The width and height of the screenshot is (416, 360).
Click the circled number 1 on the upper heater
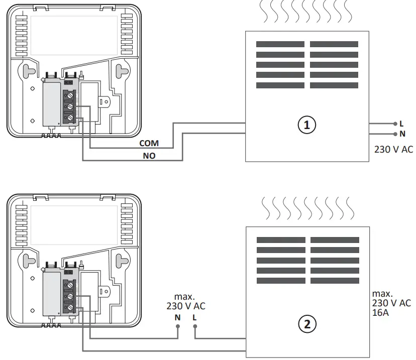[x=307, y=125]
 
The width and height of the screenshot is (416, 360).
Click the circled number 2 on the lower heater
[x=307, y=324]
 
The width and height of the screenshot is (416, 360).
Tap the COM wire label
[x=149, y=144]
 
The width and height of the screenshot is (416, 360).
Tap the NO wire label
[x=149, y=156]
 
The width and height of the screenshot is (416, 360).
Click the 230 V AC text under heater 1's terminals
[x=393, y=149]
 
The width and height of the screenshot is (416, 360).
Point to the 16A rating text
[x=381, y=313]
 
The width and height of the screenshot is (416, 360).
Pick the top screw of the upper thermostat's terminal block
[x=70, y=94]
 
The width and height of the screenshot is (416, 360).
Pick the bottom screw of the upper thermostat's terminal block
[x=70, y=117]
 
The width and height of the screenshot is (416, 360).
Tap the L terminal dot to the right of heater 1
[x=394, y=124]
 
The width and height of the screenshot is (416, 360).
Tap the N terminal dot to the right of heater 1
[x=394, y=134]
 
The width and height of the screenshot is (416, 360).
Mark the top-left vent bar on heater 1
[x=280, y=44]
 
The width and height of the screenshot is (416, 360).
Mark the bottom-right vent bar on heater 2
[x=335, y=281]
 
